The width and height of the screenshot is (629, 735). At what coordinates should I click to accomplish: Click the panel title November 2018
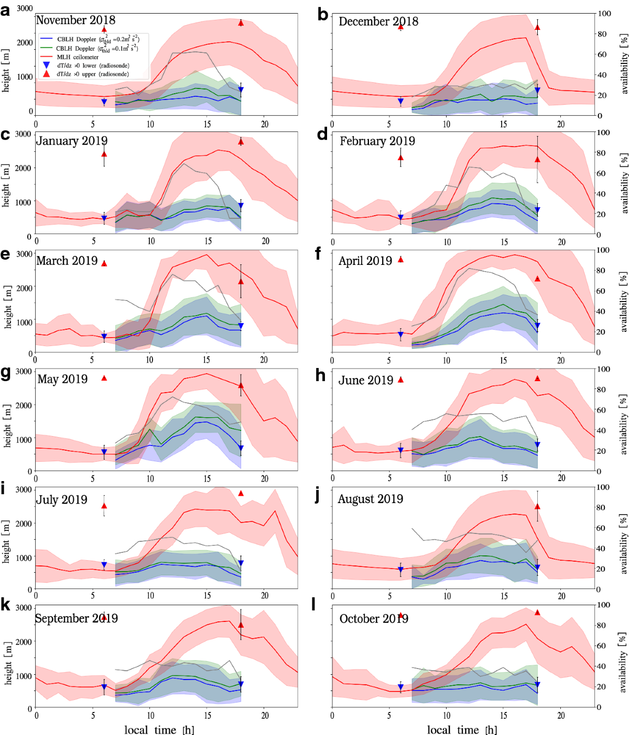pyautogui.click(x=75, y=20)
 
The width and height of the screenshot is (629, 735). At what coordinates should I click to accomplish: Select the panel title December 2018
pyautogui.click(x=378, y=21)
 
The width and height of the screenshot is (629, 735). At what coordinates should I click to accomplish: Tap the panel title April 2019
pyautogui.click(x=365, y=261)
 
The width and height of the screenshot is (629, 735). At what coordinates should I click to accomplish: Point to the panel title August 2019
pyautogui.click(x=370, y=499)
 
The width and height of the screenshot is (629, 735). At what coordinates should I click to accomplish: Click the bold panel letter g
pyautogui.click(x=6, y=374)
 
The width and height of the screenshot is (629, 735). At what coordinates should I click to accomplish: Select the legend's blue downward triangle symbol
pyautogui.click(x=46, y=65)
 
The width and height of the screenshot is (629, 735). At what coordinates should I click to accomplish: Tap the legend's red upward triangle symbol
pyautogui.click(x=46, y=74)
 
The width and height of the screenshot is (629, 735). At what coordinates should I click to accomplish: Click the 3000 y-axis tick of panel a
pyautogui.click(x=25, y=8)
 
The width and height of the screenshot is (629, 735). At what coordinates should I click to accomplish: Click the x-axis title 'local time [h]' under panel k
pyautogui.click(x=159, y=730)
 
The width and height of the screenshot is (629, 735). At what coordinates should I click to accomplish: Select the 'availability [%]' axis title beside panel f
pyautogui.click(x=624, y=302)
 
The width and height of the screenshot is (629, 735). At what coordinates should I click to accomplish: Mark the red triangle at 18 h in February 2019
pyautogui.click(x=537, y=160)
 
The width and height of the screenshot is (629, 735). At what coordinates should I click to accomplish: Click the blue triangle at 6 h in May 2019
pyautogui.click(x=104, y=452)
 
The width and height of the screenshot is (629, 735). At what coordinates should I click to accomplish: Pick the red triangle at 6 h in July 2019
pyautogui.click(x=104, y=506)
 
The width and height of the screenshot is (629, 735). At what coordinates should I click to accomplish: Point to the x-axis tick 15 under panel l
pyautogui.click(x=504, y=715)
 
